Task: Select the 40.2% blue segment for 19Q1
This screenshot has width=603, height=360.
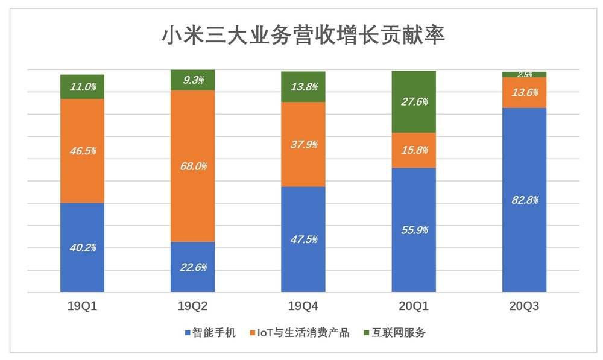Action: tap(83, 247)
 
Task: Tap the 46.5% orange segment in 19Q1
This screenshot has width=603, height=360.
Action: tap(83, 151)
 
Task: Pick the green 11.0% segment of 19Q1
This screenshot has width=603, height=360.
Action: tap(83, 87)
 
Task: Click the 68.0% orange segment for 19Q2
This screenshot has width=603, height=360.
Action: tap(193, 166)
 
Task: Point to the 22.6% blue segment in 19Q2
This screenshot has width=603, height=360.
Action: tap(193, 267)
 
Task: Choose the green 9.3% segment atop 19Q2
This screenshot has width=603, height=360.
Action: tap(193, 80)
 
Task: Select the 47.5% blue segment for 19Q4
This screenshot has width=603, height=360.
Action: tap(303, 239)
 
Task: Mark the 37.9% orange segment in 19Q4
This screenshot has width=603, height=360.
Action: tap(303, 144)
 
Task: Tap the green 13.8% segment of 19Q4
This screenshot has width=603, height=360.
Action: tap(303, 87)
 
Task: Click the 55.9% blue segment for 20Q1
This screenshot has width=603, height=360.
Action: tap(414, 230)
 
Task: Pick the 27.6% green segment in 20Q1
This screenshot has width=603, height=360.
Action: tap(414, 102)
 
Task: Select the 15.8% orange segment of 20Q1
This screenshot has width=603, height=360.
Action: tap(414, 150)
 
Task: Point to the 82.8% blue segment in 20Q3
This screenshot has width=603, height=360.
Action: tap(524, 200)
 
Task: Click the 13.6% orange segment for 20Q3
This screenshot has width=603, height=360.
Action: tap(524, 93)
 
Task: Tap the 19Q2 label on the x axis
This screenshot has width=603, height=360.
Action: tap(193, 306)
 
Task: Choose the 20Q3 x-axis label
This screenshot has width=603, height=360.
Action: tap(524, 306)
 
